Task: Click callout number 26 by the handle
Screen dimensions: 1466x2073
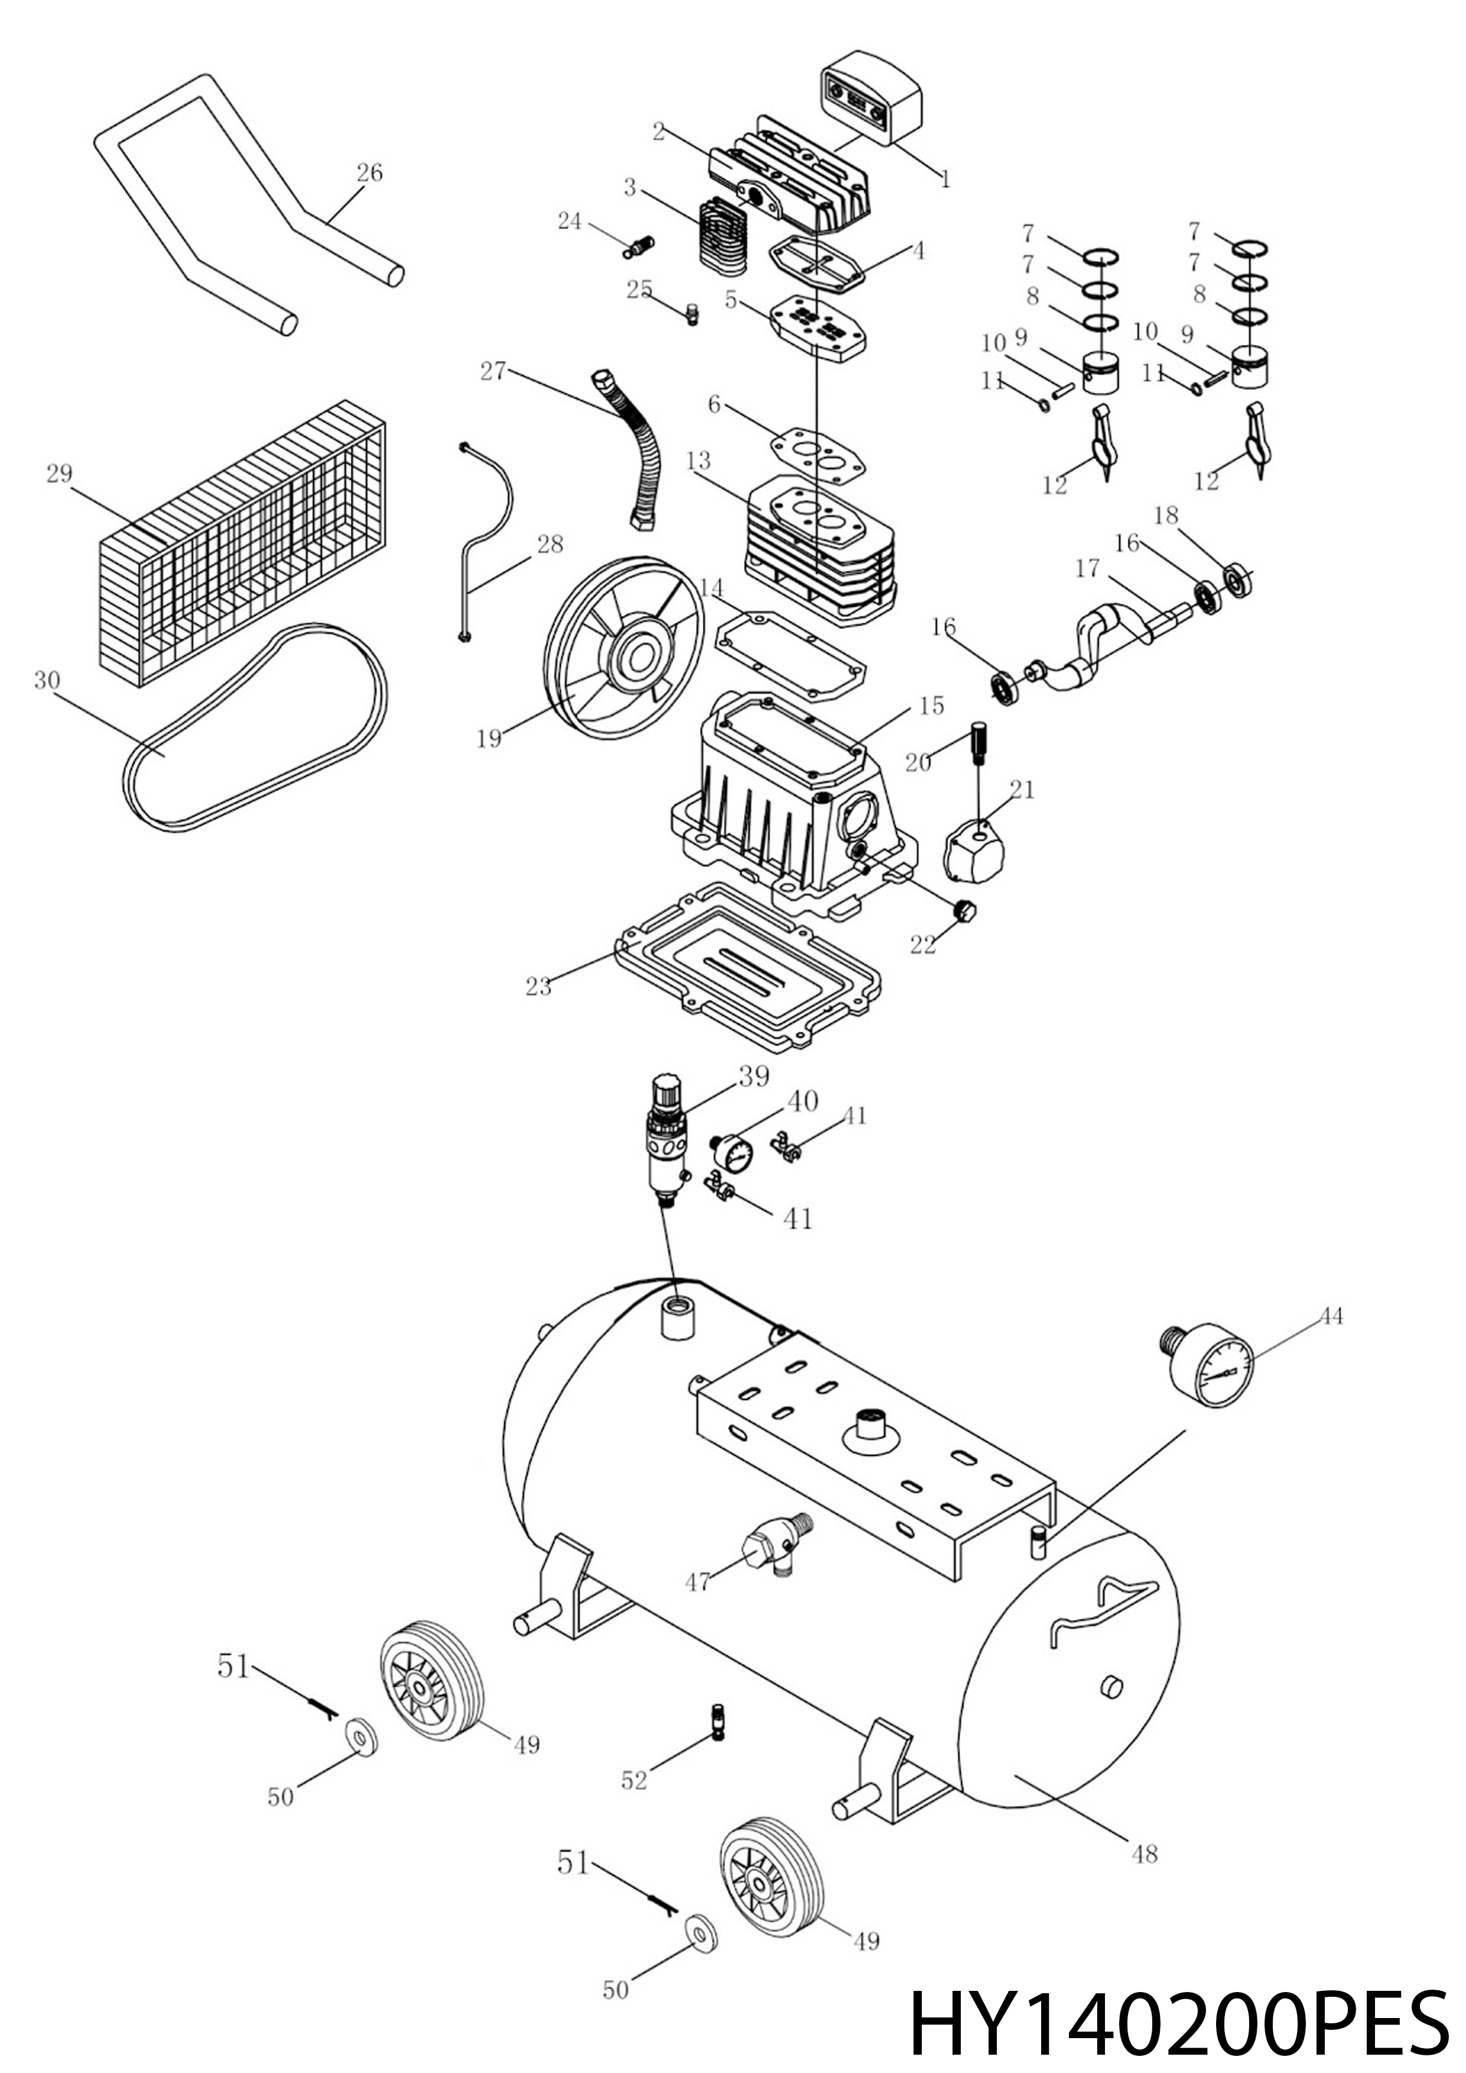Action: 369,173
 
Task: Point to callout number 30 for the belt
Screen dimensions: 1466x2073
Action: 47,680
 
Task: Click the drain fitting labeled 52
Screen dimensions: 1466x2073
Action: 718,1722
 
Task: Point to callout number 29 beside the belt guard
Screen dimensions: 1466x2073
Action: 60,474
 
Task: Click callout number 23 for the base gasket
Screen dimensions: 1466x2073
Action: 538,987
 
